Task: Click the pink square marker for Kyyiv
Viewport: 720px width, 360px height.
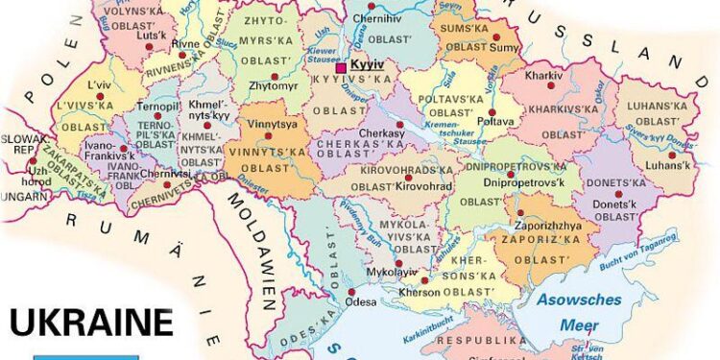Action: click(x=341, y=66)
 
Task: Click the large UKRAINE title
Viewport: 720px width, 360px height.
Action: click(x=92, y=322)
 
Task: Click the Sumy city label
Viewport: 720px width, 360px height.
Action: click(x=507, y=45)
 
